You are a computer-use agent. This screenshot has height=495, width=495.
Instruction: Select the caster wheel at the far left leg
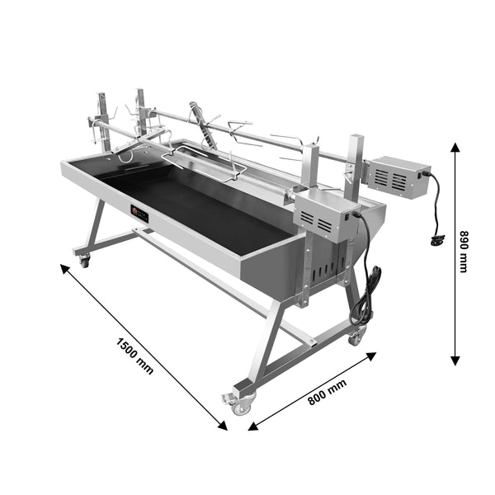(x=83, y=262)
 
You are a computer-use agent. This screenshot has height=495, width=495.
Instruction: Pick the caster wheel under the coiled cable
(x=356, y=337)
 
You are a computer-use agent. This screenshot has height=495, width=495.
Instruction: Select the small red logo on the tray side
(x=139, y=214)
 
